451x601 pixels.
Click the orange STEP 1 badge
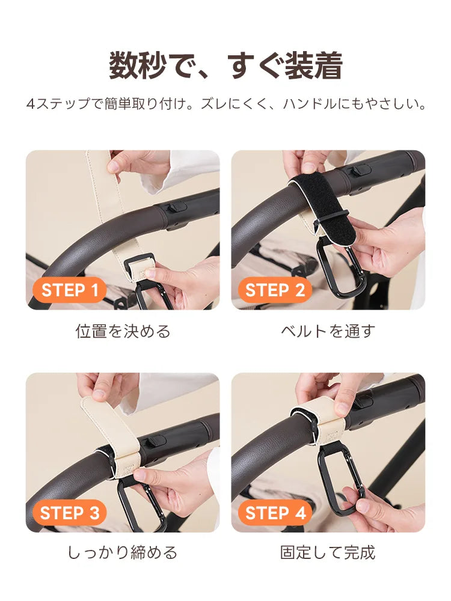point(69,290)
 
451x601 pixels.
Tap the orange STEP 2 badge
point(275,290)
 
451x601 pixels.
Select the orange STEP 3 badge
point(69,513)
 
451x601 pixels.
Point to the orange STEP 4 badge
point(275,513)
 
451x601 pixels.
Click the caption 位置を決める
point(123,331)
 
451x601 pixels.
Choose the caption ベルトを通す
point(328,331)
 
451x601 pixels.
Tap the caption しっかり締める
point(123,553)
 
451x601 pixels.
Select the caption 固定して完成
point(328,553)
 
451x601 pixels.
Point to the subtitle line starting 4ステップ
point(226,104)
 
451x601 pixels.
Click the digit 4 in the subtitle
point(31,104)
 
